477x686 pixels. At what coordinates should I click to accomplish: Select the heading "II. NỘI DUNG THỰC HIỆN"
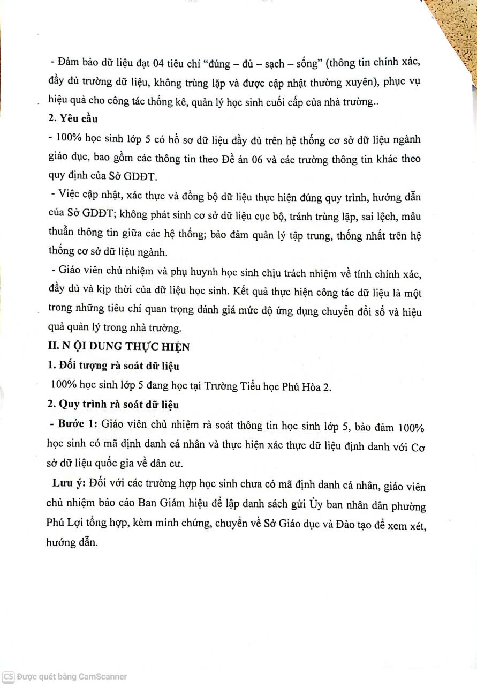(x=119, y=346)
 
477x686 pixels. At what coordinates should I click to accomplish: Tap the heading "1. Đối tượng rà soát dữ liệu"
(x=113, y=367)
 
